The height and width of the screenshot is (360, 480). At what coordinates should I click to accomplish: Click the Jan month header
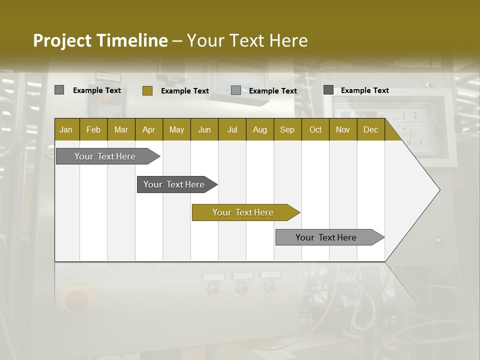[x=66, y=129]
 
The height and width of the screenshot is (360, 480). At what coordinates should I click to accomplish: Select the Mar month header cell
[x=121, y=129]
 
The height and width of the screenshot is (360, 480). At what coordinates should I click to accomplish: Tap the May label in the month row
[x=176, y=129]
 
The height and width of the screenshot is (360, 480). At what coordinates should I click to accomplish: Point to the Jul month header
[x=232, y=129]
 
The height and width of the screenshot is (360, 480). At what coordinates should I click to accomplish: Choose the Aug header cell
[x=259, y=129]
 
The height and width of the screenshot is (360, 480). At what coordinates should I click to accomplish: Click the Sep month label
[x=287, y=129]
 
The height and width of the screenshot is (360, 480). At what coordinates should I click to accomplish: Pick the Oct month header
[x=315, y=129]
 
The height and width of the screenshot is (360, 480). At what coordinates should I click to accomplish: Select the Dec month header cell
[x=370, y=129]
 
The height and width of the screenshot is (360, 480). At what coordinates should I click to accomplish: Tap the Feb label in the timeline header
[x=93, y=129]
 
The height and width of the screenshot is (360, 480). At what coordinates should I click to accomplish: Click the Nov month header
[x=342, y=129]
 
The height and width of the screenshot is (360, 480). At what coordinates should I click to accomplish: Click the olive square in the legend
[x=147, y=90]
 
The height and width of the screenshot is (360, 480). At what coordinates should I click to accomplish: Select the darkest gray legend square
[x=328, y=90]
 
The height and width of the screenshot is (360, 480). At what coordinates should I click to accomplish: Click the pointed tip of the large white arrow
[x=438, y=190]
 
